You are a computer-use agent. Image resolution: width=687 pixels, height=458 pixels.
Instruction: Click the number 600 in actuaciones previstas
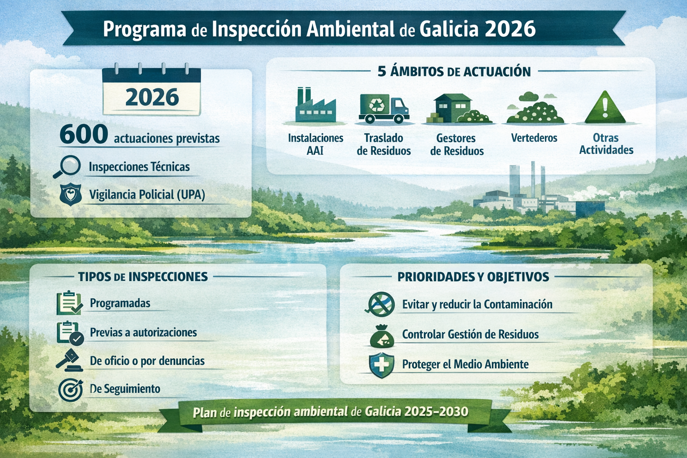pyautogui.click(x=84, y=134)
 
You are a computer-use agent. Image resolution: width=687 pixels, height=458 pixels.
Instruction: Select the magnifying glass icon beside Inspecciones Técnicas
pyautogui.click(x=67, y=166)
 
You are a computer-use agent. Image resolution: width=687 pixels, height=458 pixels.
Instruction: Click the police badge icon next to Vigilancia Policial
pyautogui.click(x=70, y=195)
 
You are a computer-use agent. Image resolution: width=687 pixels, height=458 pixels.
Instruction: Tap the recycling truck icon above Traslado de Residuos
pyautogui.click(x=384, y=109)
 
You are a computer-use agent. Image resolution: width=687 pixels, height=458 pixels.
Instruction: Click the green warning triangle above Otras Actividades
pyautogui.click(x=605, y=107)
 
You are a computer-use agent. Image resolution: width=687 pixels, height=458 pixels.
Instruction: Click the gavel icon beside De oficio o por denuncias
pyautogui.click(x=69, y=360)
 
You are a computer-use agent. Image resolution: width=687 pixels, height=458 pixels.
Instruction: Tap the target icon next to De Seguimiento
pyautogui.click(x=71, y=390)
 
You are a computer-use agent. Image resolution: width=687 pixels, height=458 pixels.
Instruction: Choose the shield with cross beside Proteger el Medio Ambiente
pyautogui.click(x=381, y=365)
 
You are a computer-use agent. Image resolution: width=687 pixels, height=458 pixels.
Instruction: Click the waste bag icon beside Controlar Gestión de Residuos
pyautogui.click(x=382, y=336)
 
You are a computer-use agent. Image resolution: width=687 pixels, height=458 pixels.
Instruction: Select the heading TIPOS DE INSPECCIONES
pyautogui.click(x=143, y=277)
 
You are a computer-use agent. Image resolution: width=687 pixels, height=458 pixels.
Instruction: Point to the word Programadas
pyautogui.click(x=120, y=303)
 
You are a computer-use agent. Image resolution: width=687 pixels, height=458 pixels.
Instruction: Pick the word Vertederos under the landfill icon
pyautogui.click(x=534, y=138)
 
